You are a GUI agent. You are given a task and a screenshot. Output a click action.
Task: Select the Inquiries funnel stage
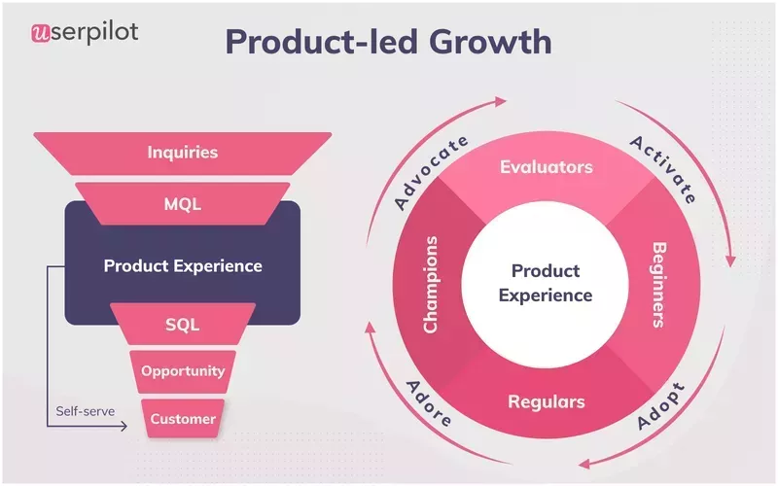coord(183,153)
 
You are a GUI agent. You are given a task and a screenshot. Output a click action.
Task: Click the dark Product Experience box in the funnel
coord(183,265)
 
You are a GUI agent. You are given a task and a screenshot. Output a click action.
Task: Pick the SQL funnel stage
coord(183,325)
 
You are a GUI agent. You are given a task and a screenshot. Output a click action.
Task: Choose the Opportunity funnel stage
coord(183,370)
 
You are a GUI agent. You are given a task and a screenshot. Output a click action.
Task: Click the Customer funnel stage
coord(183,419)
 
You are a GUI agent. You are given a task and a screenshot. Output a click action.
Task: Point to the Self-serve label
coord(85,411)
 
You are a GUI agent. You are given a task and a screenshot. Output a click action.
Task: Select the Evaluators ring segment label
coord(546,167)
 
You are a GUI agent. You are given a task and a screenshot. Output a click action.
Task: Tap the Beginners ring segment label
coord(658,284)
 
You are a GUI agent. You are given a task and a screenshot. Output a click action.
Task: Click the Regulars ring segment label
coord(546,401)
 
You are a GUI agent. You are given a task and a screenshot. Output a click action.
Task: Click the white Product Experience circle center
coord(546,283)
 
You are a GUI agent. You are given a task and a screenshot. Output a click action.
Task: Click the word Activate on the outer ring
coord(663,170)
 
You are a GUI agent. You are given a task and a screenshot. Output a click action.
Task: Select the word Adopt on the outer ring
coord(660,406)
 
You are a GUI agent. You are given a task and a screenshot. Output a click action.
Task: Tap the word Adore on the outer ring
coord(427,402)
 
